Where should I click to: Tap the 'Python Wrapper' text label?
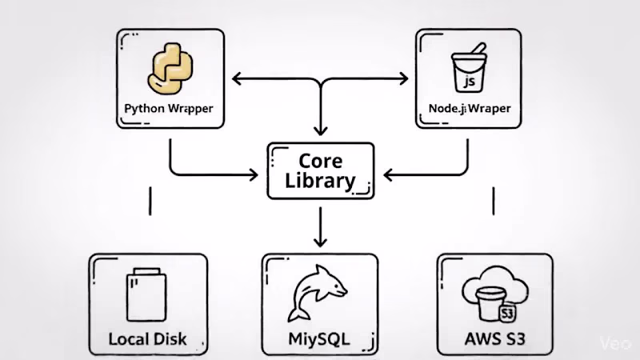pyautogui.click(x=169, y=107)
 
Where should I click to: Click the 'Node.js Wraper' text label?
pyautogui.click(x=469, y=107)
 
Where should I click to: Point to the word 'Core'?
pyautogui.click(x=320, y=159)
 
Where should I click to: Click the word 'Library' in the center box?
pyautogui.click(x=320, y=180)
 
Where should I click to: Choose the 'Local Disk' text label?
pyautogui.click(x=148, y=338)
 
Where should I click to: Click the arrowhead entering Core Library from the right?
pyautogui.click(x=386, y=174)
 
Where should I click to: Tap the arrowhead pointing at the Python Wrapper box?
pyautogui.click(x=237, y=79)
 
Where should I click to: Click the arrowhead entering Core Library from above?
pyautogui.click(x=320, y=131)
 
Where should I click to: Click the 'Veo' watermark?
pyautogui.click(x=615, y=342)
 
